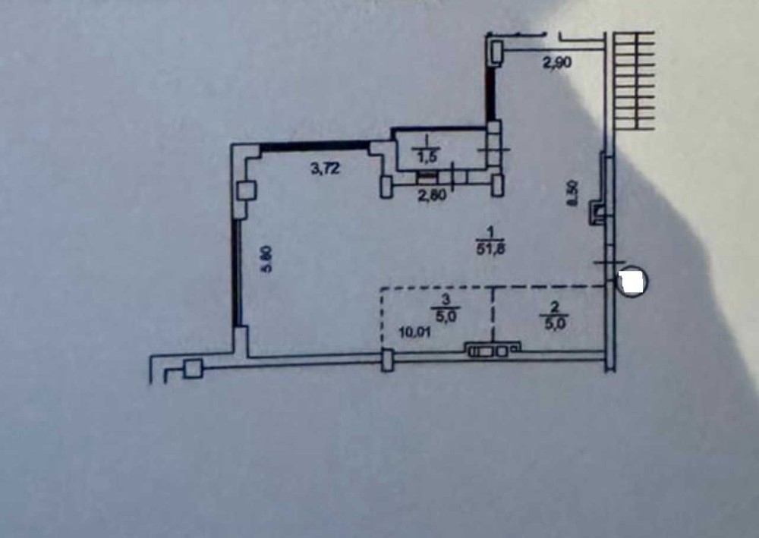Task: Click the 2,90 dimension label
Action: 557,64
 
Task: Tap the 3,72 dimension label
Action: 323,171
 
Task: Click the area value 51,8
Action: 490,241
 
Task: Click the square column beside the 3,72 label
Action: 246,190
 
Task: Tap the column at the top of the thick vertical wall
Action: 496,51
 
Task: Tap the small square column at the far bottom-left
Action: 194,369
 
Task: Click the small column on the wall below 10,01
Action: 387,359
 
